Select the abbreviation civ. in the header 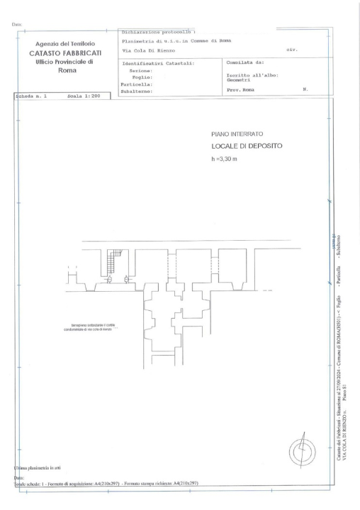tap(291, 50)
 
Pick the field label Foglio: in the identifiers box tap(145, 77)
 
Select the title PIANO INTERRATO tap(237, 133)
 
